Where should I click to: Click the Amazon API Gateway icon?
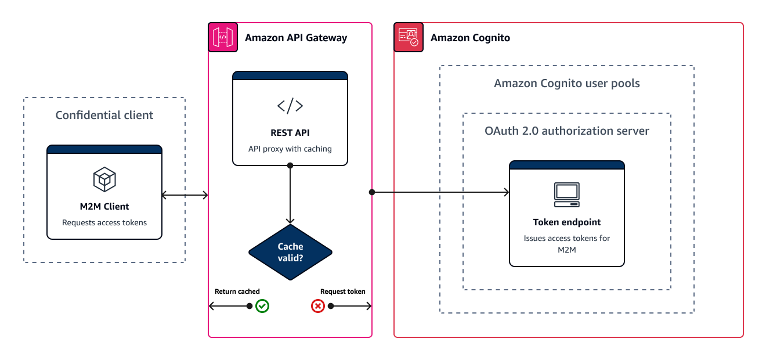(223, 37)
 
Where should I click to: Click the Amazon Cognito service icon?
(409, 37)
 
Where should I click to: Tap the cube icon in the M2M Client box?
(104, 179)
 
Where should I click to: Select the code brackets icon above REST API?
(290, 106)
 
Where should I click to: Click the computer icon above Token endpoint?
(566, 195)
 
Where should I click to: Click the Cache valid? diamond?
(290, 252)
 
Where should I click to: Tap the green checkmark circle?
(262, 306)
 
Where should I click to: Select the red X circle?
(318, 306)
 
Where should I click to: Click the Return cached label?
(237, 291)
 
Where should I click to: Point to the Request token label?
(343, 291)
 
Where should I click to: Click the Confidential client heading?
(104, 115)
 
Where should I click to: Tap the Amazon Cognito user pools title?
(566, 83)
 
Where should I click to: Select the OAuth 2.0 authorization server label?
(566, 131)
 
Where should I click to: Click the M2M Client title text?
(104, 206)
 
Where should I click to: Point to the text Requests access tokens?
(104, 222)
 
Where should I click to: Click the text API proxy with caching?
(290, 149)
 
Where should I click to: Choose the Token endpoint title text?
(566, 222)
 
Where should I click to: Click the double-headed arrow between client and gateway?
(185, 195)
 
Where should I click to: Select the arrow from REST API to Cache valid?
(290, 195)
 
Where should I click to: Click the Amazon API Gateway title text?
(296, 38)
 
